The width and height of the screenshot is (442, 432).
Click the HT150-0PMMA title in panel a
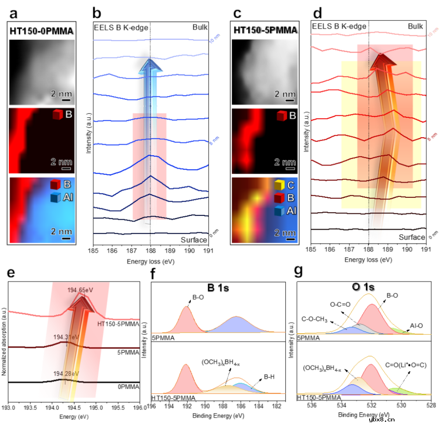(x=42, y=31)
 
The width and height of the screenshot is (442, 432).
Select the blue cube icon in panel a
(x=56, y=198)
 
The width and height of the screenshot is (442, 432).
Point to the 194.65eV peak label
(x=81, y=290)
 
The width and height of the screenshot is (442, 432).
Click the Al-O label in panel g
(x=417, y=326)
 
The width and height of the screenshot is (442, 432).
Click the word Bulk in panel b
(x=201, y=27)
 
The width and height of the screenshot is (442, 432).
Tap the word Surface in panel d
(x=412, y=237)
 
